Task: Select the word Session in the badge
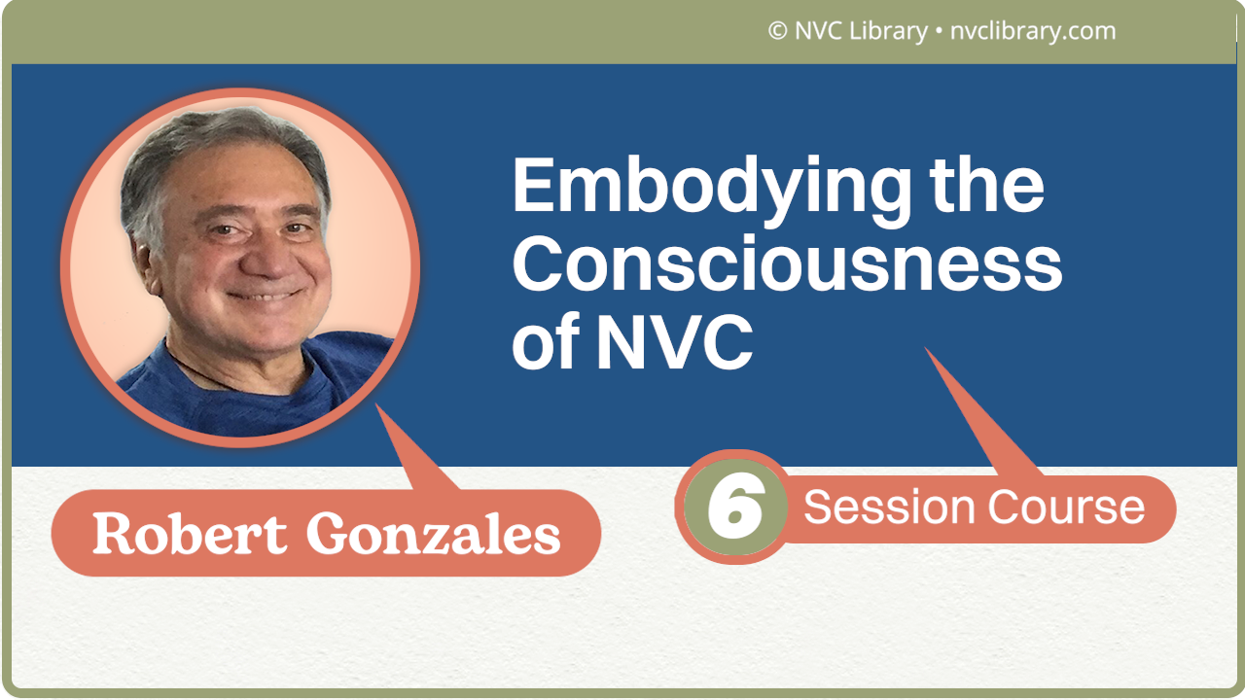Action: point(889,507)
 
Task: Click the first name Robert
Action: point(190,533)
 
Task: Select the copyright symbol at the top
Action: point(777,31)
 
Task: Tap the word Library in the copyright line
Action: point(887,31)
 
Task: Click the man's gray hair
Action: point(224,141)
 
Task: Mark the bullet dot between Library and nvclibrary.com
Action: point(938,32)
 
